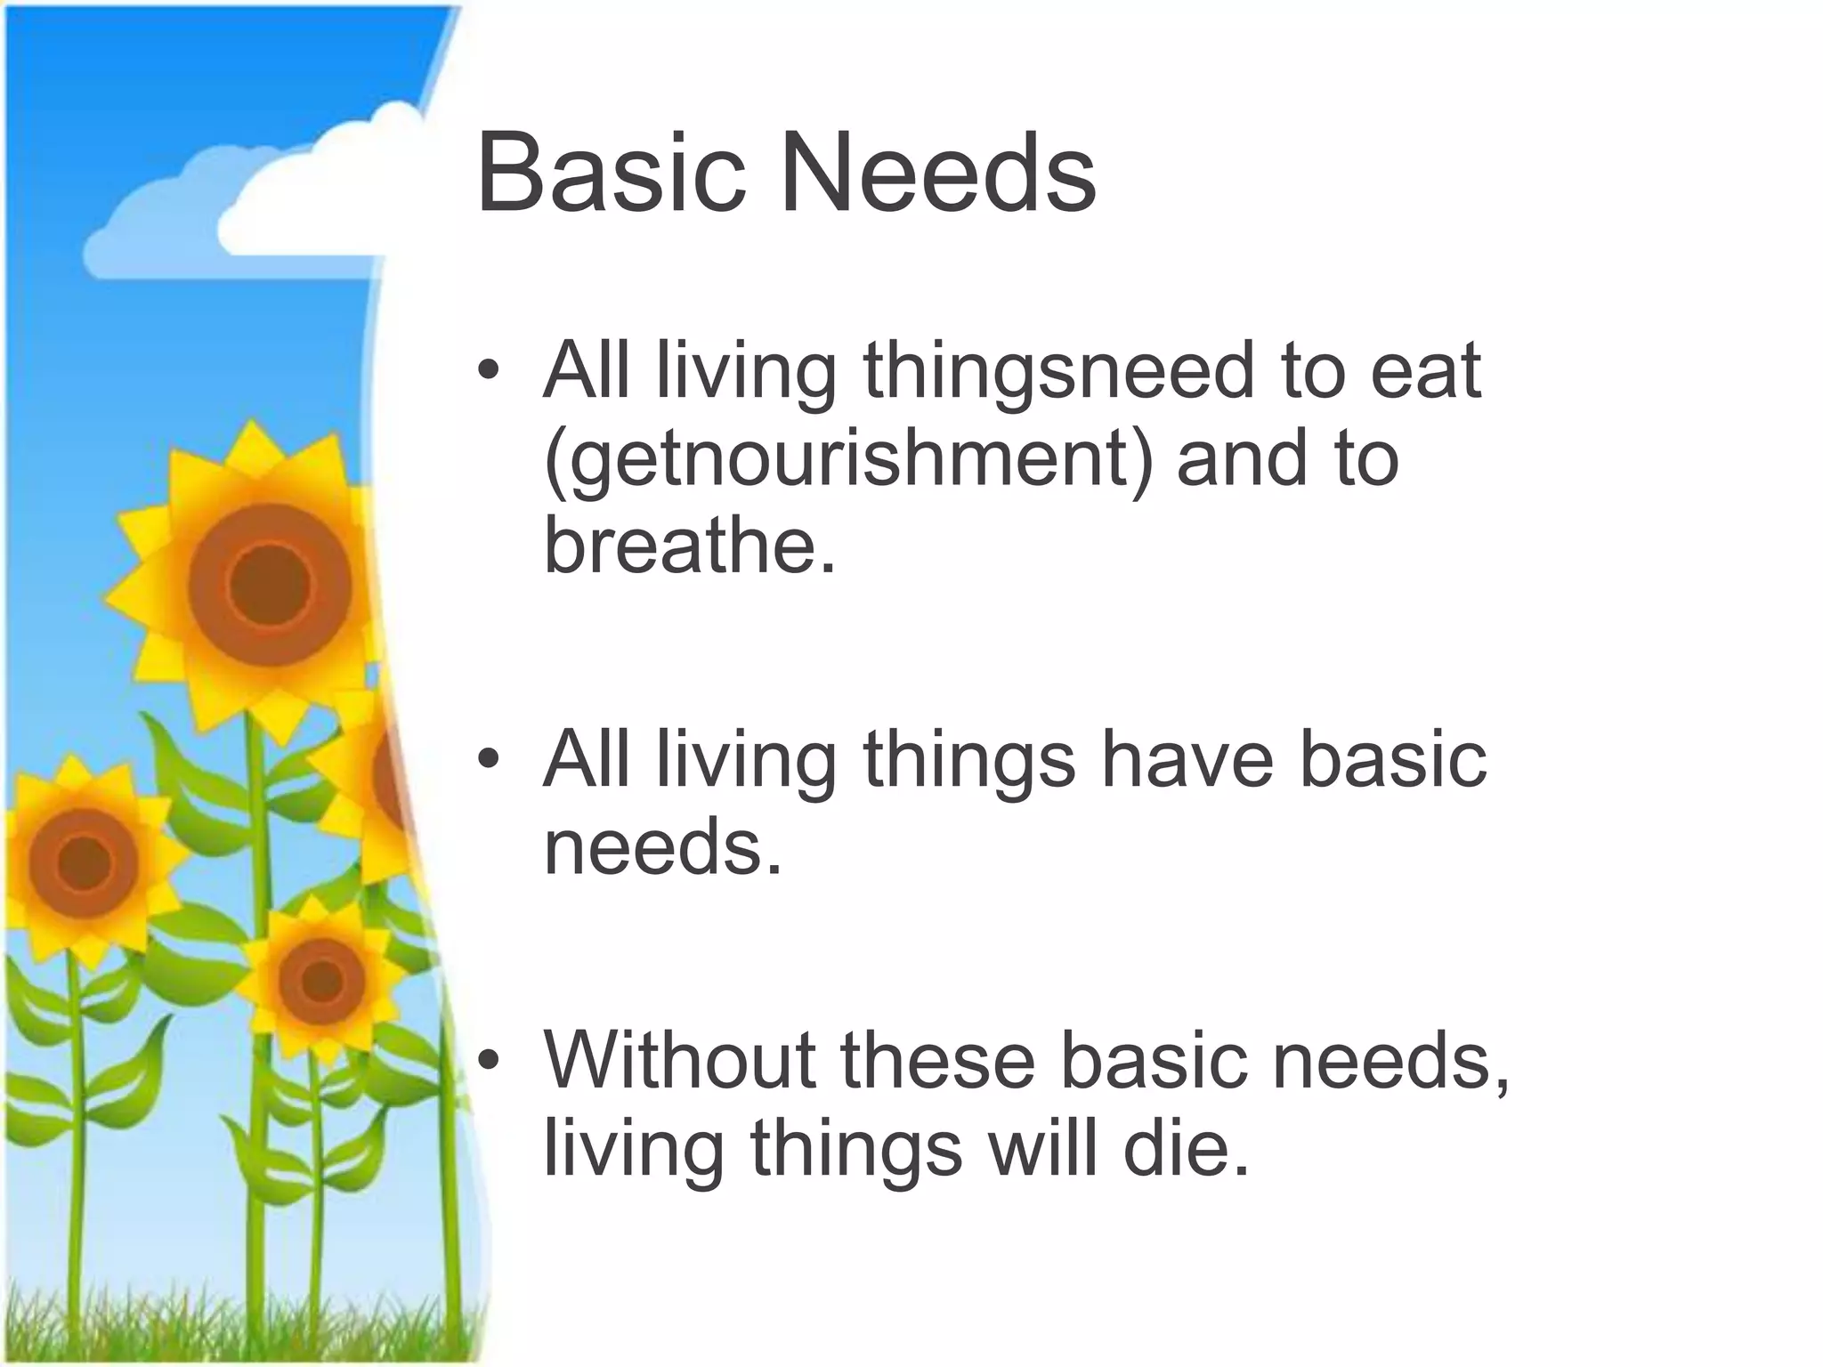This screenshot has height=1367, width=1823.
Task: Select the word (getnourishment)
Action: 847,460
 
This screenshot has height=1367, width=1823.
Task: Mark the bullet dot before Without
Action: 488,1061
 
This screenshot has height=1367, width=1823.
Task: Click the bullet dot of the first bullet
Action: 488,372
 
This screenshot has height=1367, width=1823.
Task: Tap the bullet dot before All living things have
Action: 488,761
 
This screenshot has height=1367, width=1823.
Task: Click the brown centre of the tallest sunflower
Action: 269,585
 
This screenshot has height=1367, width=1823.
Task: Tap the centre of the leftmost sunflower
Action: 85,861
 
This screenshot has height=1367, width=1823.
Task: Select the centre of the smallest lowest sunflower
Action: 321,980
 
